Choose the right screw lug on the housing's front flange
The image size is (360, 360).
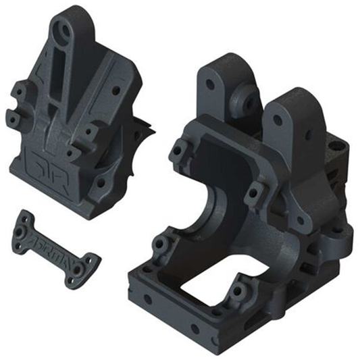pos(255,195)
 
